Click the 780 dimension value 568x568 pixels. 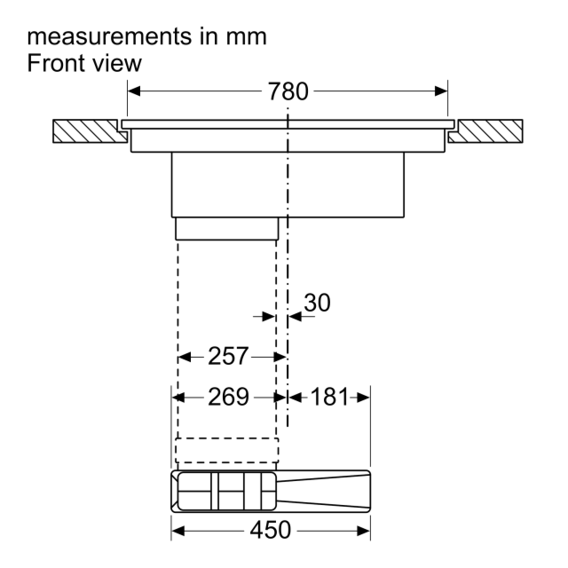(288, 91)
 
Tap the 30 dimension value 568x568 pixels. (317, 303)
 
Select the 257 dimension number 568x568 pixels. (228, 356)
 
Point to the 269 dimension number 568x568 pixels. (228, 397)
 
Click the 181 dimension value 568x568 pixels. (329, 397)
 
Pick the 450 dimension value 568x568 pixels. (270, 530)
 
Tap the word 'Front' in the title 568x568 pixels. (56, 63)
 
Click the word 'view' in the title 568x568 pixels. (116, 63)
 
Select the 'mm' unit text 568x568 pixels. (247, 37)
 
